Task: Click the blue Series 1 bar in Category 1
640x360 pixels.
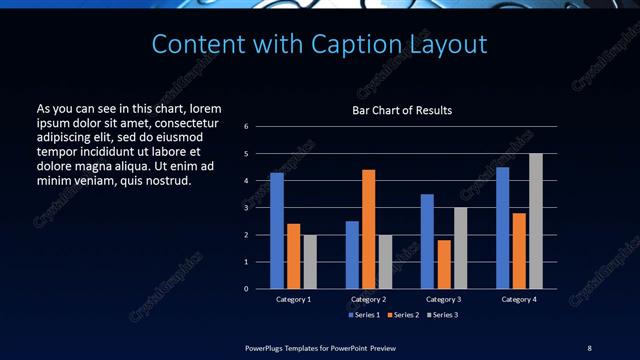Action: click(277, 231)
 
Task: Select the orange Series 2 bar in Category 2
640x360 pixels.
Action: click(368, 229)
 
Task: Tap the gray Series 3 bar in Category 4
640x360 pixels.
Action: click(536, 221)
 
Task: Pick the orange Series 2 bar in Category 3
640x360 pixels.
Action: click(443, 264)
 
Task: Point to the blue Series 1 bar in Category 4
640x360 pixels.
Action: click(502, 228)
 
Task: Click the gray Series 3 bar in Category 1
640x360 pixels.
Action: click(310, 262)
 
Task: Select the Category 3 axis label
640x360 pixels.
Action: click(443, 299)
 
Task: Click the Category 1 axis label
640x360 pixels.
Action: click(293, 299)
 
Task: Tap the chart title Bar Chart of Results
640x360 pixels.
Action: click(403, 110)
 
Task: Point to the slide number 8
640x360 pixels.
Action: click(589, 347)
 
